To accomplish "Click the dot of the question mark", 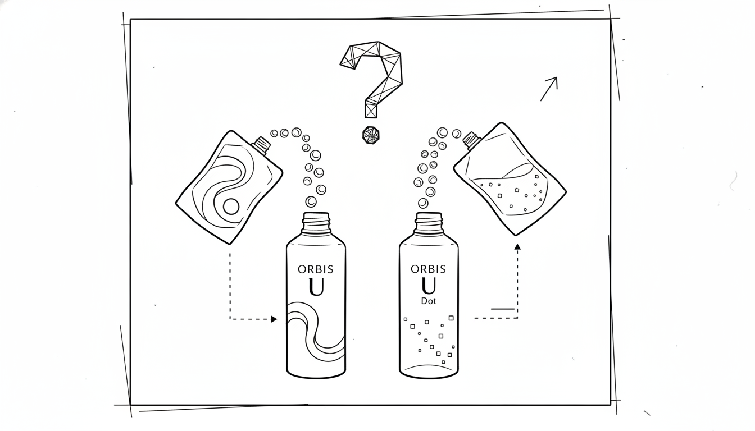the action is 371,135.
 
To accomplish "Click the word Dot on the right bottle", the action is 429,301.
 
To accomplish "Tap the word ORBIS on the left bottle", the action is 316,269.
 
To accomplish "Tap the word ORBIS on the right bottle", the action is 429,269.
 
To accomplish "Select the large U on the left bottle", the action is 316,287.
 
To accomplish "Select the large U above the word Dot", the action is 429,286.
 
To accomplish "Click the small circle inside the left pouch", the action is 231,207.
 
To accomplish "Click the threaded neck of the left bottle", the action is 316,223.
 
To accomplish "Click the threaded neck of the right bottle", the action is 429,223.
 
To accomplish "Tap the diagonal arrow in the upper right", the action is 549,89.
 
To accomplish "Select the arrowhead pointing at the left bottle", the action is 274,319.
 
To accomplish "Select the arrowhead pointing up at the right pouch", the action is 517,247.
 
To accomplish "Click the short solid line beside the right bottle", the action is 503,309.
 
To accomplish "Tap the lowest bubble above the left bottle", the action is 311,201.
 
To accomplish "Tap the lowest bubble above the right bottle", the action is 423,203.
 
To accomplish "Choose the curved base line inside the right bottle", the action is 429,366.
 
